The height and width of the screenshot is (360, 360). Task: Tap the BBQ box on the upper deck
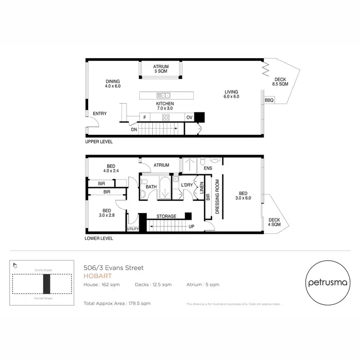pos(269,100)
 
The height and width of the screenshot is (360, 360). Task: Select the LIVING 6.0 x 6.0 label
pos(231,94)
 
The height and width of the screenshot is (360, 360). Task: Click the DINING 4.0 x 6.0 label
pos(113,84)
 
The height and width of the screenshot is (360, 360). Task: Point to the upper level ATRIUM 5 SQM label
pos(160,69)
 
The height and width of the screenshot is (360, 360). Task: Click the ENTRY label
pos(100,114)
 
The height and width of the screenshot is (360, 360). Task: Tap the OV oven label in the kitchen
pos(189,117)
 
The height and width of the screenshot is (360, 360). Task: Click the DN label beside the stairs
pos(134,129)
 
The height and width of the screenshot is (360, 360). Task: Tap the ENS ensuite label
pos(208,168)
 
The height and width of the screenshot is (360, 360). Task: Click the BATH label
pos(152,186)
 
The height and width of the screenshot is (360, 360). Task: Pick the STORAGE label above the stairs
pos(167,216)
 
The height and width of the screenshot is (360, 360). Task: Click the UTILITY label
pos(132,229)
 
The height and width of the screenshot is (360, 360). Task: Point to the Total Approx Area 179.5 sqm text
pos(117,303)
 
